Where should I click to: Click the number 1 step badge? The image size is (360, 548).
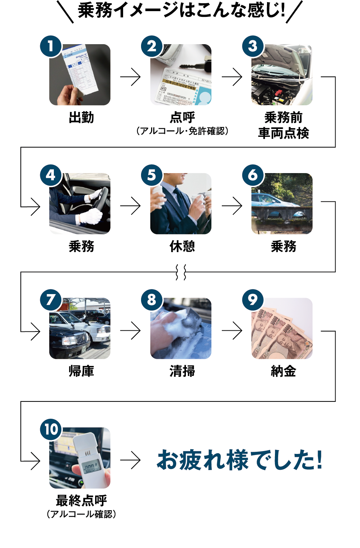pos(51,46)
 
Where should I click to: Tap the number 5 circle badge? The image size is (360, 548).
pos(152,175)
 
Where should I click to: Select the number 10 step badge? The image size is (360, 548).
pos(51,429)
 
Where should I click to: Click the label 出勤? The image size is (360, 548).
pos(81,117)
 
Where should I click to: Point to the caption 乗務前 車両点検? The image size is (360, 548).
pos(283,125)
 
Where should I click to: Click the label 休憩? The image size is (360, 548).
pos(182,246)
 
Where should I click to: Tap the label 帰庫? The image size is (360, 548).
pos(81,371)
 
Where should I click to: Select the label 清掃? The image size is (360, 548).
pos(182,371)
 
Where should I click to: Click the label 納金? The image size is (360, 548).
pos(283,371)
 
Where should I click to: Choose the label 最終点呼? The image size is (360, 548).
pos(81,500)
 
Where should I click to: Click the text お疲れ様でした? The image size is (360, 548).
pos(240,460)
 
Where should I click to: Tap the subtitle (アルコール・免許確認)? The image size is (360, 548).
pos(182,131)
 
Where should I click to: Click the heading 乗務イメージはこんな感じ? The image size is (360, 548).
pos(181,10)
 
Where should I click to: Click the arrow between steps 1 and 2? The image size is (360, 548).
pos(131,76)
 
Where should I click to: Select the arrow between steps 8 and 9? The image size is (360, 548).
pos(232,330)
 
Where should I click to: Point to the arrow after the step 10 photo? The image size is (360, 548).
pos(131,460)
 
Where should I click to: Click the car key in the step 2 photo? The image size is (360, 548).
pos(192,65)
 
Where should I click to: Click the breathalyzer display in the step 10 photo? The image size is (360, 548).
pos(89,467)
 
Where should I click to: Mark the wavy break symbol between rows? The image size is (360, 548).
pos(181,272)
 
